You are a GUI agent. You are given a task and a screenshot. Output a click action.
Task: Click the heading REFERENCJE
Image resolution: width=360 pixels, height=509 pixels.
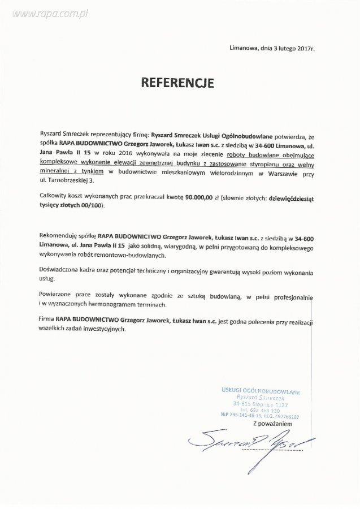[x=177, y=83]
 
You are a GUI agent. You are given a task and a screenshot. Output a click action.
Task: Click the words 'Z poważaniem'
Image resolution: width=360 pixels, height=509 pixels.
[x=273, y=422]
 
